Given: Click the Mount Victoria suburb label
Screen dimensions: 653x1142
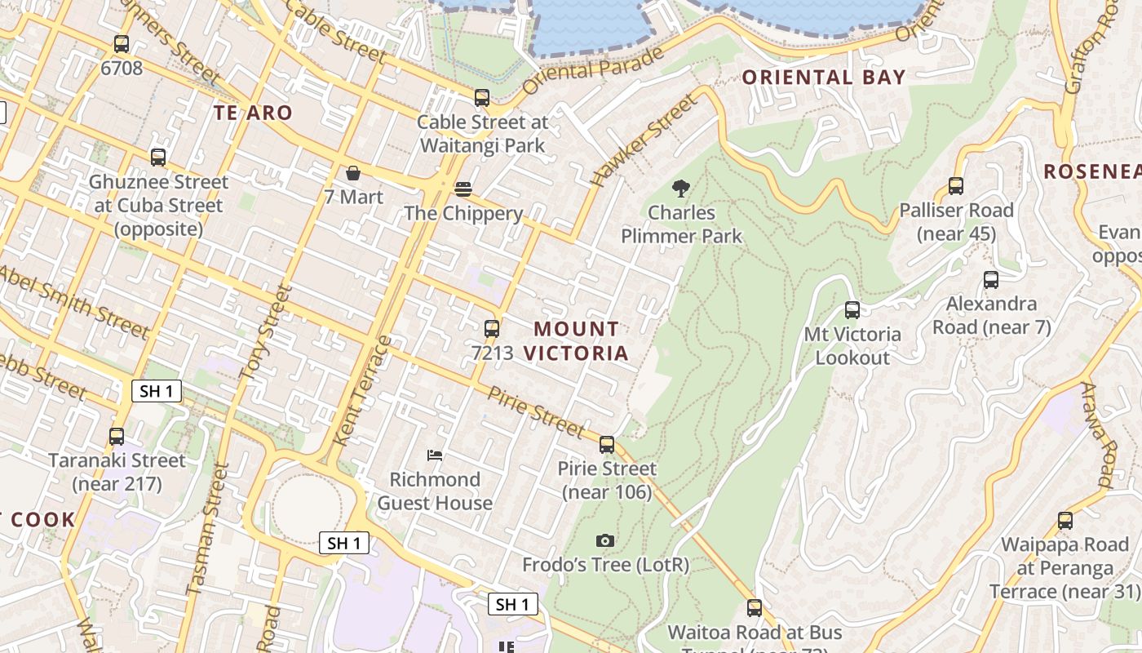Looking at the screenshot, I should tap(576, 341).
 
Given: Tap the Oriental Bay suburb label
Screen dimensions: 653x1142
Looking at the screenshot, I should tap(824, 78).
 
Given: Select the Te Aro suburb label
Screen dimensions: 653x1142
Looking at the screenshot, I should tap(253, 113).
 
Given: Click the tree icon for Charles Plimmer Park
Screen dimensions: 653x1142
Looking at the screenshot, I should tap(680, 189).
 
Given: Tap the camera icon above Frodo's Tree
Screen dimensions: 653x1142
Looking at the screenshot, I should tap(604, 540).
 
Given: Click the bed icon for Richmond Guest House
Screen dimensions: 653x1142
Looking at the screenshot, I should tap(435, 455).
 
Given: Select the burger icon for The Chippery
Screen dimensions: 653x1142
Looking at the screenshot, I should tap(463, 189).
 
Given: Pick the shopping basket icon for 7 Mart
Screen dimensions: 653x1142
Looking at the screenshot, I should tap(353, 173).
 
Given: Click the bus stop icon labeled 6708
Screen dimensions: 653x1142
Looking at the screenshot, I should tap(122, 44).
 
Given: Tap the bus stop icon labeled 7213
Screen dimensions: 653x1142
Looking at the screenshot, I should tap(492, 328).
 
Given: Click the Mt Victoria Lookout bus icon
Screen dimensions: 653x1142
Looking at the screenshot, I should tap(852, 310).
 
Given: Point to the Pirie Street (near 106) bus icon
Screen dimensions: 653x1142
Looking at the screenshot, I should tap(607, 445).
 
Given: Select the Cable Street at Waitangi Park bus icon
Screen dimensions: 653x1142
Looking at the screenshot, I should tap(482, 98).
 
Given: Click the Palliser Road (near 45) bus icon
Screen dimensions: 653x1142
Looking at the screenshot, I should tap(956, 186).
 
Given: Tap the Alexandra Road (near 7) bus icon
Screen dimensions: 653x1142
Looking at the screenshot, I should tap(991, 280).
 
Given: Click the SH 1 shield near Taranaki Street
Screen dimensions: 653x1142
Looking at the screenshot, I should tap(157, 391).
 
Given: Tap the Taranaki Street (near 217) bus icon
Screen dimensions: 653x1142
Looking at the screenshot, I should tap(117, 437).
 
